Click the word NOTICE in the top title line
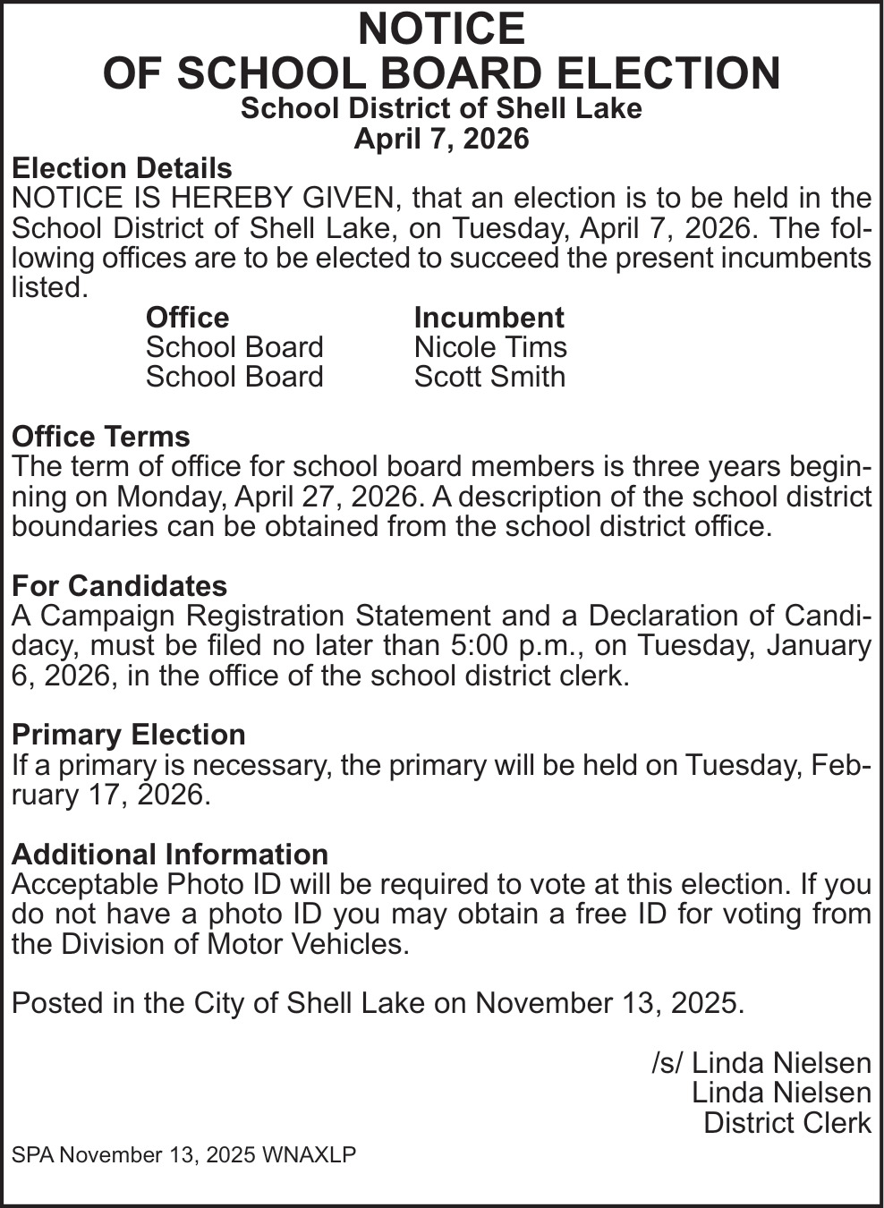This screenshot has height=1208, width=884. click(x=441, y=30)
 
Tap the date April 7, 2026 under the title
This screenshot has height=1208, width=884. click(x=441, y=139)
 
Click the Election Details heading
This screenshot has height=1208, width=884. click(x=122, y=168)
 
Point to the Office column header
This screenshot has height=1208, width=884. click(x=187, y=318)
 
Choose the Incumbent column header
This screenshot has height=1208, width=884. click(x=489, y=318)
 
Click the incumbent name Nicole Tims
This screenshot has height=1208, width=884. click(x=490, y=347)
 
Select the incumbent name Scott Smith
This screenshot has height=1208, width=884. click(x=489, y=377)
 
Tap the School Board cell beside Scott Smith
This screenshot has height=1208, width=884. click(x=234, y=377)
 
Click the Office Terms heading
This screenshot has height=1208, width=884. click(x=101, y=437)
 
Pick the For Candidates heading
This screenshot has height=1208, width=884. click(x=119, y=586)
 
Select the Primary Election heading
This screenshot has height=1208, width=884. click(x=129, y=735)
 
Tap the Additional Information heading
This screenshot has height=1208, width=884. click(x=170, y=855)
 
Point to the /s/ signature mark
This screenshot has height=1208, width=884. click(x=667, y=1063)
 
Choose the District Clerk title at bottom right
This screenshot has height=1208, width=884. click(x=787, y=1123)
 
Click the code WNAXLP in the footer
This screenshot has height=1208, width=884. click(x=309, y=1155)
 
